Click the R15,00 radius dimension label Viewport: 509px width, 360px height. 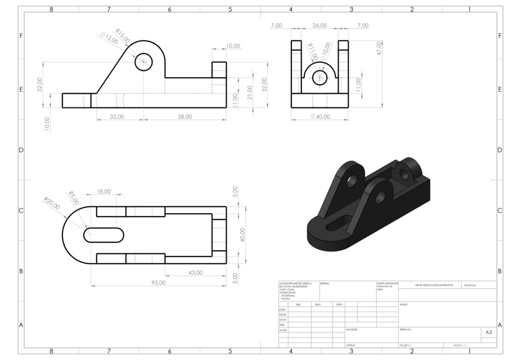tap(123, 35)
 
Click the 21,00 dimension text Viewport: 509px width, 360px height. tap(250, 94)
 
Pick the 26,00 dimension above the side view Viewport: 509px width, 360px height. tap(319, 25)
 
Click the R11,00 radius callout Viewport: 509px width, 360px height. tap(312, 52)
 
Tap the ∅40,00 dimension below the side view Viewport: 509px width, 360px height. tap(319, 116)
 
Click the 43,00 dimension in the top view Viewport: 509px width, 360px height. tap(195, 273)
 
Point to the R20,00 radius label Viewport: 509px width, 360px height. tap(52, 203)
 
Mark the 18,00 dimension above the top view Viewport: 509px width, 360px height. tap(103, 191)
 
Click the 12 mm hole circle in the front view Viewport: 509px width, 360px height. tap(144, 62)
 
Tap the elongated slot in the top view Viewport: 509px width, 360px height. tap(104, 235)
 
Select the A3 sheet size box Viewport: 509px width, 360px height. tap(488, 333)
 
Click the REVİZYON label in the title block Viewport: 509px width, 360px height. tap(470, 285)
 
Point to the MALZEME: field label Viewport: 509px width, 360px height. tap(352, 330)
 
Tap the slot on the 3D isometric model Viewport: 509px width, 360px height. tap(336, 224)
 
